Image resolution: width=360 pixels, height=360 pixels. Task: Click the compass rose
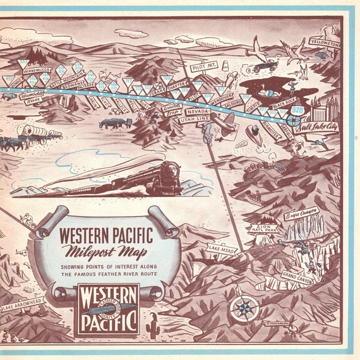[x=244, y=309]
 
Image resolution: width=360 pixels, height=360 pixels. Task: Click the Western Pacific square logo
[x=107, y=308]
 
